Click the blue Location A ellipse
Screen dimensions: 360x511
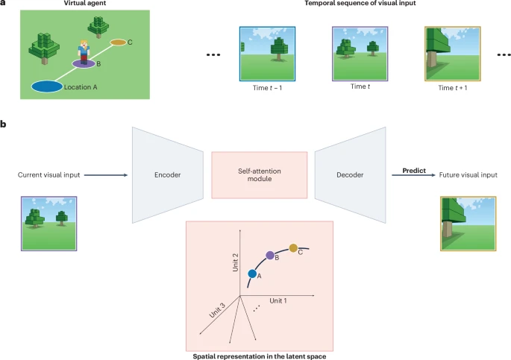pyautogui.click(x=47, y=86)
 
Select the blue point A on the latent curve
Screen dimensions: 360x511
pyautogui.click(x=253, y=274)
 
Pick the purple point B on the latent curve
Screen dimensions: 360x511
pyautogui.click(x=269, y=255)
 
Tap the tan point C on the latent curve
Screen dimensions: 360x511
pyautogui.click(x=293, y=247)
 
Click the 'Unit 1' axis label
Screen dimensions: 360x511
pyautogui.click(x=278, y=300)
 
